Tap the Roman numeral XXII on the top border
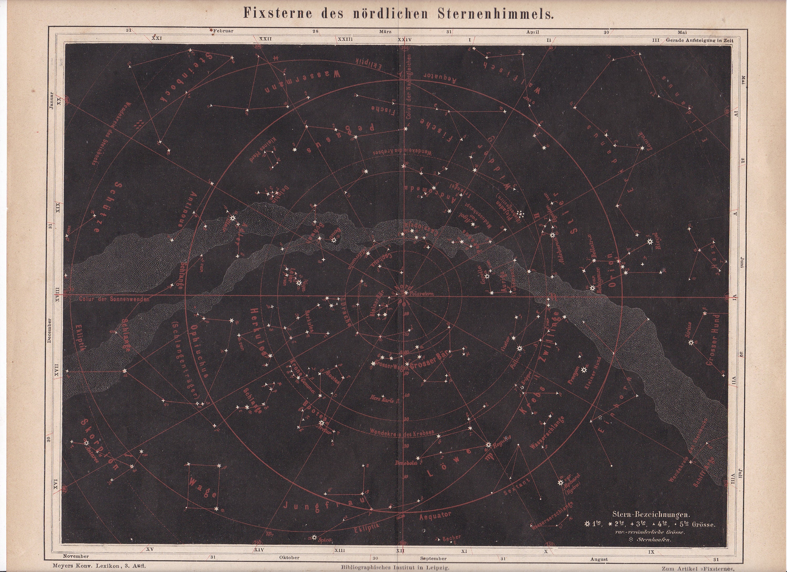(x=265, y=39)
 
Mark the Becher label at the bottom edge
(x=451, y=538)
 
